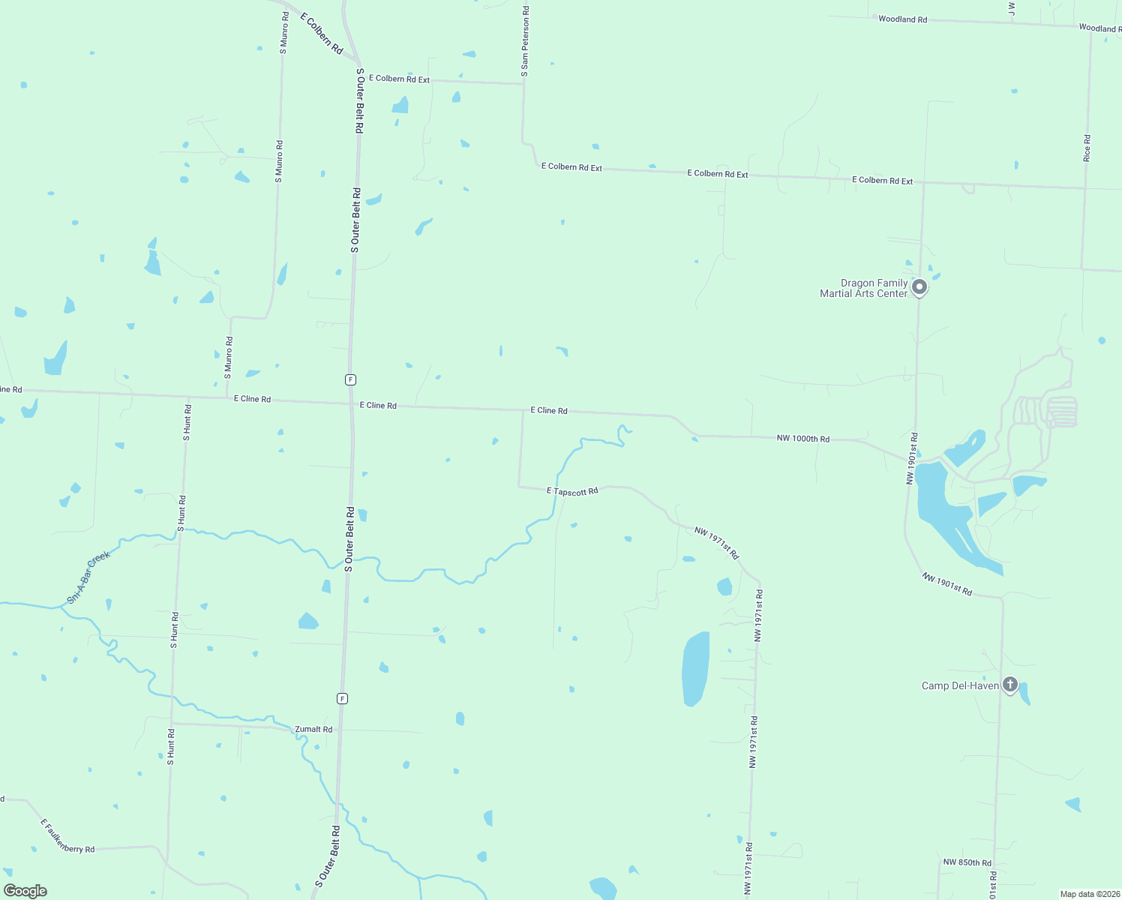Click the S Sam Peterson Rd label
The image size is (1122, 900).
pos(525,42)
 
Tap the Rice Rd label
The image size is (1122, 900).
pos(1087,148)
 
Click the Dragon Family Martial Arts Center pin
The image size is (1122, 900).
pos(919,286)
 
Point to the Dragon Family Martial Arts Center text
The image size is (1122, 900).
pos(864,289)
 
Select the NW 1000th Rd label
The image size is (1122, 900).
pos(803,438)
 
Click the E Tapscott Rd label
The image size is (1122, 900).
pos(572,491)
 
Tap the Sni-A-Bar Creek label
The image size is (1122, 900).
pos(88,577)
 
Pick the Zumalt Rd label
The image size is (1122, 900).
pos(313,729)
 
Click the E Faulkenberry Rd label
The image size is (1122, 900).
pos(67,837)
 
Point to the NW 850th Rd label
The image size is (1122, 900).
pos(967,862)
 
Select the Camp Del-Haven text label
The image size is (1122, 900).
pos(960,685)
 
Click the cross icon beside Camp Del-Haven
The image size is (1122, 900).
pos(1010,684)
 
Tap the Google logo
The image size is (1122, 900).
pos(25,891)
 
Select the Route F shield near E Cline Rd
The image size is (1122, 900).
pos(350,379)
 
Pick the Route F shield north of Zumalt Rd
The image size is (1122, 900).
pos(342,698)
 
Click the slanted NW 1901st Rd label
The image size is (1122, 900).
pos(946,584)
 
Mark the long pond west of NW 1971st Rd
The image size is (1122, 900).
pos(695,669)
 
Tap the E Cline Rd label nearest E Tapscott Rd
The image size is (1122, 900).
pos(549,410)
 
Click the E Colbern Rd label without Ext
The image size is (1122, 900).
pos(322,33)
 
